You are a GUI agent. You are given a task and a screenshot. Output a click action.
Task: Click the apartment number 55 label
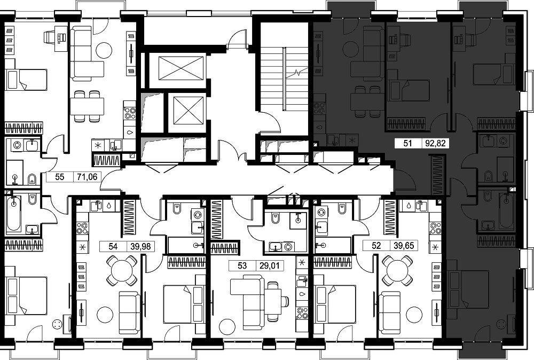(60, 177)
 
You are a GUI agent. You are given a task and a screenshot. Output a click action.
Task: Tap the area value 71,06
(88, 177)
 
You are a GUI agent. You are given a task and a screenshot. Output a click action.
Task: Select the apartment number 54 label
(113, 246)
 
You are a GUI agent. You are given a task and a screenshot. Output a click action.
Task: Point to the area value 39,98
(140, 246)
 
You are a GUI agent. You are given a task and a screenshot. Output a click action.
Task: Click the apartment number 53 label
(242, 265)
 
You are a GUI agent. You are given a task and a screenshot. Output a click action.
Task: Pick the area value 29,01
(270, 265)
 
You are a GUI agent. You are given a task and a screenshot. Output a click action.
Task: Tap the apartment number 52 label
(376, 246)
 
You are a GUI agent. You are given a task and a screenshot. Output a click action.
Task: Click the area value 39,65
(404, 246)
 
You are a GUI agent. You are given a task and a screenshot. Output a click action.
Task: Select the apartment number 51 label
(407, 143)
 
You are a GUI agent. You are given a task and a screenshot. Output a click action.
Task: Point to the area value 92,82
(436, 143)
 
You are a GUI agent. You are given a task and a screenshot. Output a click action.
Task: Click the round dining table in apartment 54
(122, 271)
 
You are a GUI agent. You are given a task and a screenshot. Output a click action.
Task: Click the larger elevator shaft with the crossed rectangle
(181, 68)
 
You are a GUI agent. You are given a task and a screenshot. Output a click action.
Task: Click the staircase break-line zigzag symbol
(298, 73)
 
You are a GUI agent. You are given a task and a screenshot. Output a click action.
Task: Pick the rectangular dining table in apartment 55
(87, 106)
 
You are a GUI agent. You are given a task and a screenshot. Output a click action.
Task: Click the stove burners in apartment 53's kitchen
(302, 313)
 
